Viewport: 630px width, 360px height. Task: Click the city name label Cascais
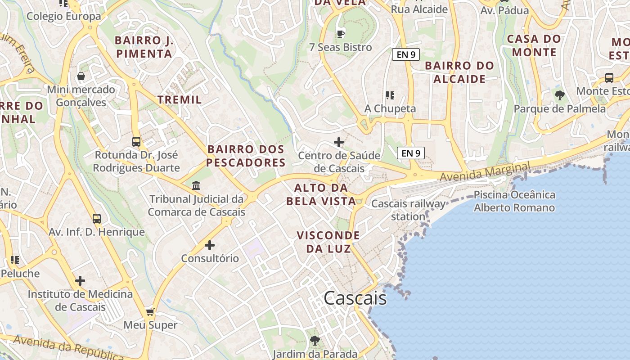click(355, 298)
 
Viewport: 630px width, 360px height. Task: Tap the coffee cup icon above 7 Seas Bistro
click(341, 33)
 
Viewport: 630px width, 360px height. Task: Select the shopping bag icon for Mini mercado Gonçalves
click(81, 76)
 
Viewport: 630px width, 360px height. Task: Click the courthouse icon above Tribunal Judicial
click(196, 185)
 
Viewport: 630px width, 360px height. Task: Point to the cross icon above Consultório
click(210, 245)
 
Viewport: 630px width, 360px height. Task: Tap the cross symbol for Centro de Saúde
click(339, 143)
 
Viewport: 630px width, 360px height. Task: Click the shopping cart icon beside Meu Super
click(150, 312)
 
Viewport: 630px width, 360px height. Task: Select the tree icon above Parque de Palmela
click(560, 95)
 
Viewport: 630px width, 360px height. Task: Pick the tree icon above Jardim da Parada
click(315, 341)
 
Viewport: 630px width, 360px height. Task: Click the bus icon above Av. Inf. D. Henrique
click(97, 219)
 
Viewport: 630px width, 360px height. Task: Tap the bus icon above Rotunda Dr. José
click(136, 142)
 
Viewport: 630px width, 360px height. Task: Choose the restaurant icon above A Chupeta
click(390, 95)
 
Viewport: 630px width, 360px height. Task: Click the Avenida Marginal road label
click(485, 172)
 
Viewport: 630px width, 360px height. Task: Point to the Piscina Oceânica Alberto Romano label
click(514, 201)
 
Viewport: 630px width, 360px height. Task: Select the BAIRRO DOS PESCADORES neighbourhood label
click(246, 156)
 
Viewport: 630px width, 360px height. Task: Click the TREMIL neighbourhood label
click(180, 100)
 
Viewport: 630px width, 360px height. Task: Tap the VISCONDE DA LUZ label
click(328, 242)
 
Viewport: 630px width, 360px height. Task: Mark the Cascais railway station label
click(408, 210)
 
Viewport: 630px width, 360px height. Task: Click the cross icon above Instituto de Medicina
click(80, 281)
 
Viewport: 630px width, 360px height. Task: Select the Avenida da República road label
click(67, 347)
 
